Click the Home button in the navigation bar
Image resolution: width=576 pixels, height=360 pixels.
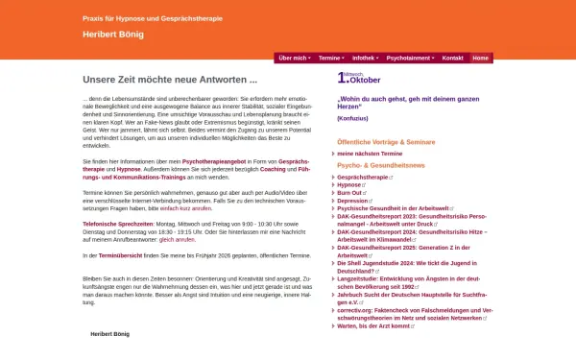480,58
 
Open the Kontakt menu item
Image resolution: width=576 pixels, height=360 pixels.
452,58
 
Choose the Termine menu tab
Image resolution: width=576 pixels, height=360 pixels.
329,58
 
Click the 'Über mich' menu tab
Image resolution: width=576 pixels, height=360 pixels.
293,58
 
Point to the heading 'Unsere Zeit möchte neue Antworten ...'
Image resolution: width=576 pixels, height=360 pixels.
170,80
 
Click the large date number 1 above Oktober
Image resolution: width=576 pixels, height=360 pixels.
340,79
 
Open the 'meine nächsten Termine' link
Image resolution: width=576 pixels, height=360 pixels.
370,154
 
